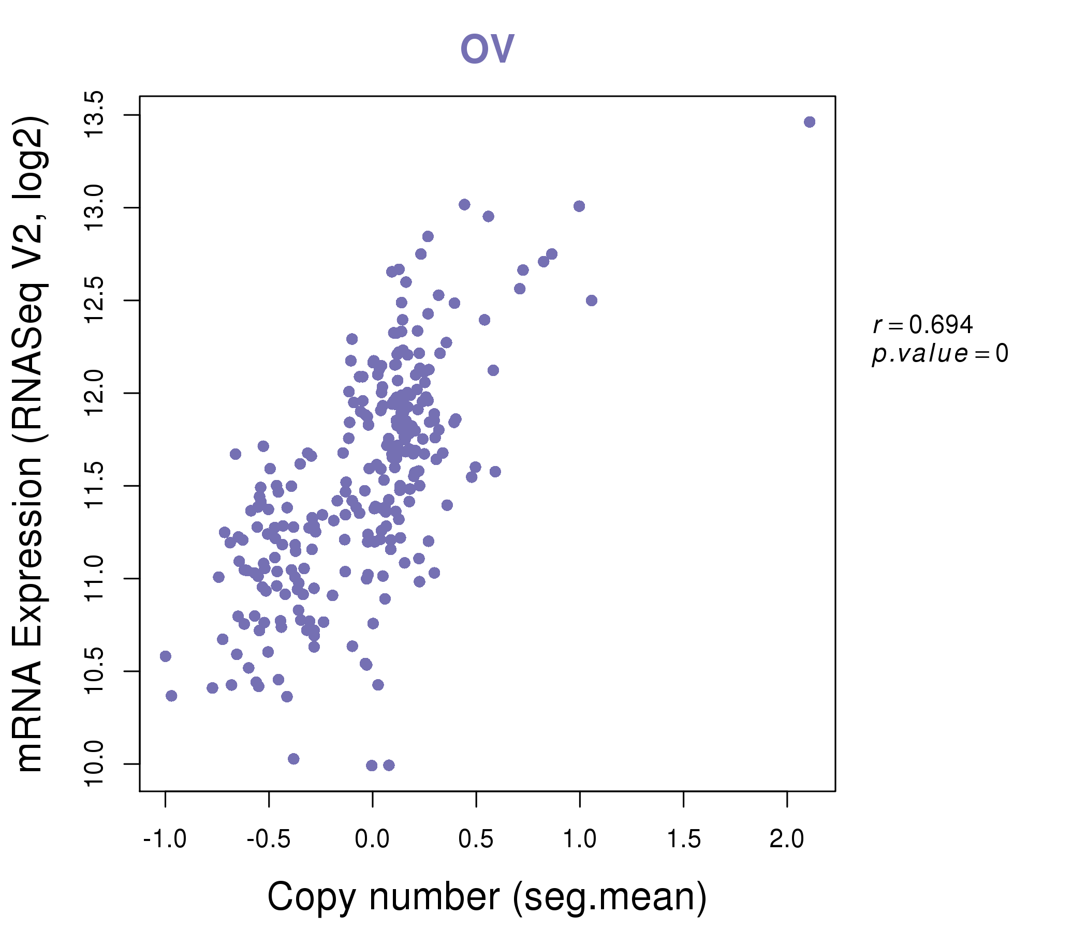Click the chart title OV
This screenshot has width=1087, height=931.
tap(487, 49)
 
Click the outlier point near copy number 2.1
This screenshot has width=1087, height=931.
tap(810, 122)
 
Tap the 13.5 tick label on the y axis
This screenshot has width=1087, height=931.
tap(95, 114)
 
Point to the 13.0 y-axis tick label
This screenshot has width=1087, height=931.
tap(95, 207)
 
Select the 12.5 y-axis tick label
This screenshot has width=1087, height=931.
tap(95, 301)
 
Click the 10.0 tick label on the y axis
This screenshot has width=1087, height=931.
tap(95, 764)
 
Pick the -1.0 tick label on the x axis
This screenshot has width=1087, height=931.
tap(165, 839)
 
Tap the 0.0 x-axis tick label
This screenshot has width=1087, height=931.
tap(372, 839)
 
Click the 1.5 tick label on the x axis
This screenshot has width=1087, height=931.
tap(683, 839)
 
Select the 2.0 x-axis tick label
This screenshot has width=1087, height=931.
tap(786, 839)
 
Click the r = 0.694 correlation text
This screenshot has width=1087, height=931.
tap(923, 325)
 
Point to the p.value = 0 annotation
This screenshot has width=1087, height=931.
tap(939, 354)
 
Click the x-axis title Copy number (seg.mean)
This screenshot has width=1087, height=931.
tap(487, 897)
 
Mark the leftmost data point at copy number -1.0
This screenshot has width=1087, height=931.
tap(165, 656)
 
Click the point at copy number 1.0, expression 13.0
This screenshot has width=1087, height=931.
tap(579, 206)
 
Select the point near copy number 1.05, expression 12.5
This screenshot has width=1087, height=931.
tap(592, 301)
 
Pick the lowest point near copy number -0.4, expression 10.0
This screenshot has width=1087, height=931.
tap(293, 759)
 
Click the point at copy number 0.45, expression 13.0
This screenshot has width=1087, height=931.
tap(464, 204)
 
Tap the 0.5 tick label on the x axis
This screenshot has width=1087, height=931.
tap(476, 839)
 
